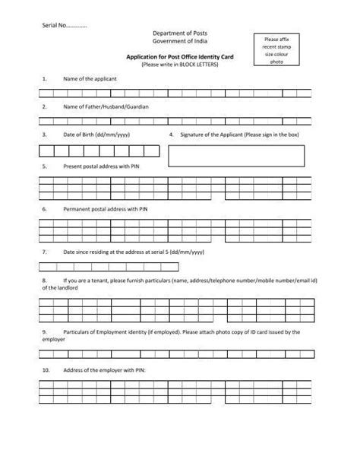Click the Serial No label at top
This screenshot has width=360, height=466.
[65, 25]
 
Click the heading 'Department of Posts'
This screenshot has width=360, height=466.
[179, 35]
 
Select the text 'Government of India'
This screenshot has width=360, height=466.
[179, 44]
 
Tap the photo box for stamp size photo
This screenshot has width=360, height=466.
[272, 50]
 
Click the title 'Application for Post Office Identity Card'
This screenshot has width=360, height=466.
[179, 59]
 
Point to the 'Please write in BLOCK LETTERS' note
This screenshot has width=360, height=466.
[179, 65]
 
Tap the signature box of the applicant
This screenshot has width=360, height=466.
[236, 155]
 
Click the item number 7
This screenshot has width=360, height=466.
[45, 251]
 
